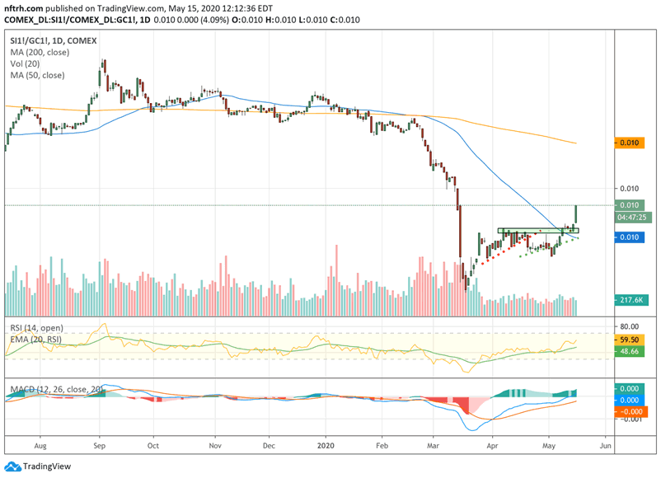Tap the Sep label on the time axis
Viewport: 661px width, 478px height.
tap(100, 445)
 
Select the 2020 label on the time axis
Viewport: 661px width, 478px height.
tap(326, 445)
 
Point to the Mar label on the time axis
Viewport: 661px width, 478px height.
tap(435, 445)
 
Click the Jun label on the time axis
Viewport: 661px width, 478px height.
tap(606, 445)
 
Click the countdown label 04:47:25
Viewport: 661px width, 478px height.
tap(631, 218)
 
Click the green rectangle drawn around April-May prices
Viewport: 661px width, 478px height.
tap(538, 230)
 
